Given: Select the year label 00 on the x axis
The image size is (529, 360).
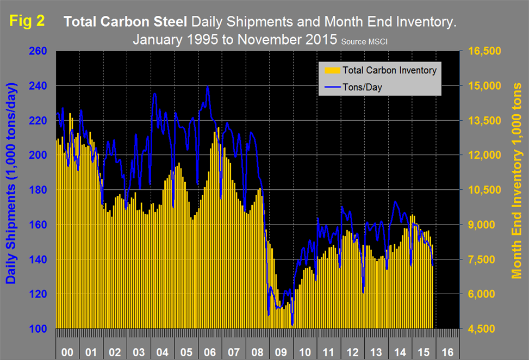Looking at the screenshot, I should [x=67, y=352].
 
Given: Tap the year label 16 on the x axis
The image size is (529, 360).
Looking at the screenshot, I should [x=447, y=352].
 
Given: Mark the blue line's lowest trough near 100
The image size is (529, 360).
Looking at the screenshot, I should [x=292, y=325].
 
